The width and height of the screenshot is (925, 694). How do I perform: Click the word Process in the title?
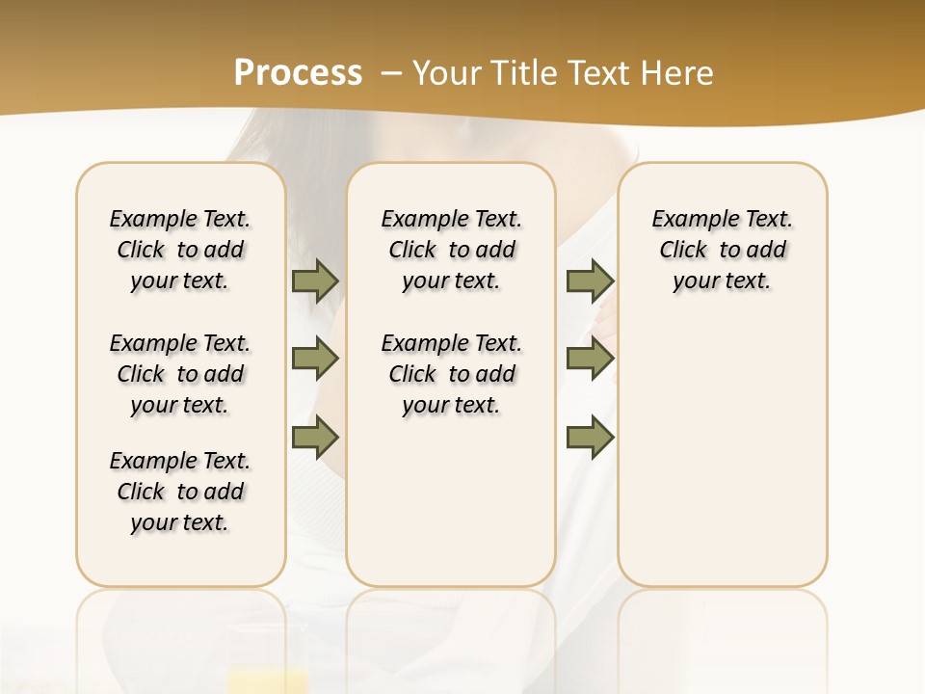[x=298, y=73]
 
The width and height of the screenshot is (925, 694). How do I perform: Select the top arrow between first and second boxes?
[x=315, y=281]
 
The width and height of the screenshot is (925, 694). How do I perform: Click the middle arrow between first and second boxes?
[x=315, y=360]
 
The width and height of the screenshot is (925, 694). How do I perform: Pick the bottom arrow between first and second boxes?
[x=315, y=438]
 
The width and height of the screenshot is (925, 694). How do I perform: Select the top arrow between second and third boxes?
[x=590, y=281]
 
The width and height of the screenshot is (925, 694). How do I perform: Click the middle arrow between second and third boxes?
[x=590, y=360]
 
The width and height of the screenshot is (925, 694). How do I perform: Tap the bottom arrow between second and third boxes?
[x=590, y=438]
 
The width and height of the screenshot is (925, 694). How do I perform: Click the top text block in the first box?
[x=180, y=250]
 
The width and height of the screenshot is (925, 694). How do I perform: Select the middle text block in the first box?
[x=180, y=374]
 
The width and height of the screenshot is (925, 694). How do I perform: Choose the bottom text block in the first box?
[x=180, y=492]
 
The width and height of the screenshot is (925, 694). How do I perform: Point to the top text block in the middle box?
[x=451, y=250]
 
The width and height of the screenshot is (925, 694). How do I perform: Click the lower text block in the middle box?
[x=451, y=374]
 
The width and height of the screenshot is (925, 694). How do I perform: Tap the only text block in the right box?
[x=723, y=250]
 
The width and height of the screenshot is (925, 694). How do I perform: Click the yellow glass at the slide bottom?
[x=269, y=679]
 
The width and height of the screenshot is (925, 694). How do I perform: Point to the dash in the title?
[x=391, y=73]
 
